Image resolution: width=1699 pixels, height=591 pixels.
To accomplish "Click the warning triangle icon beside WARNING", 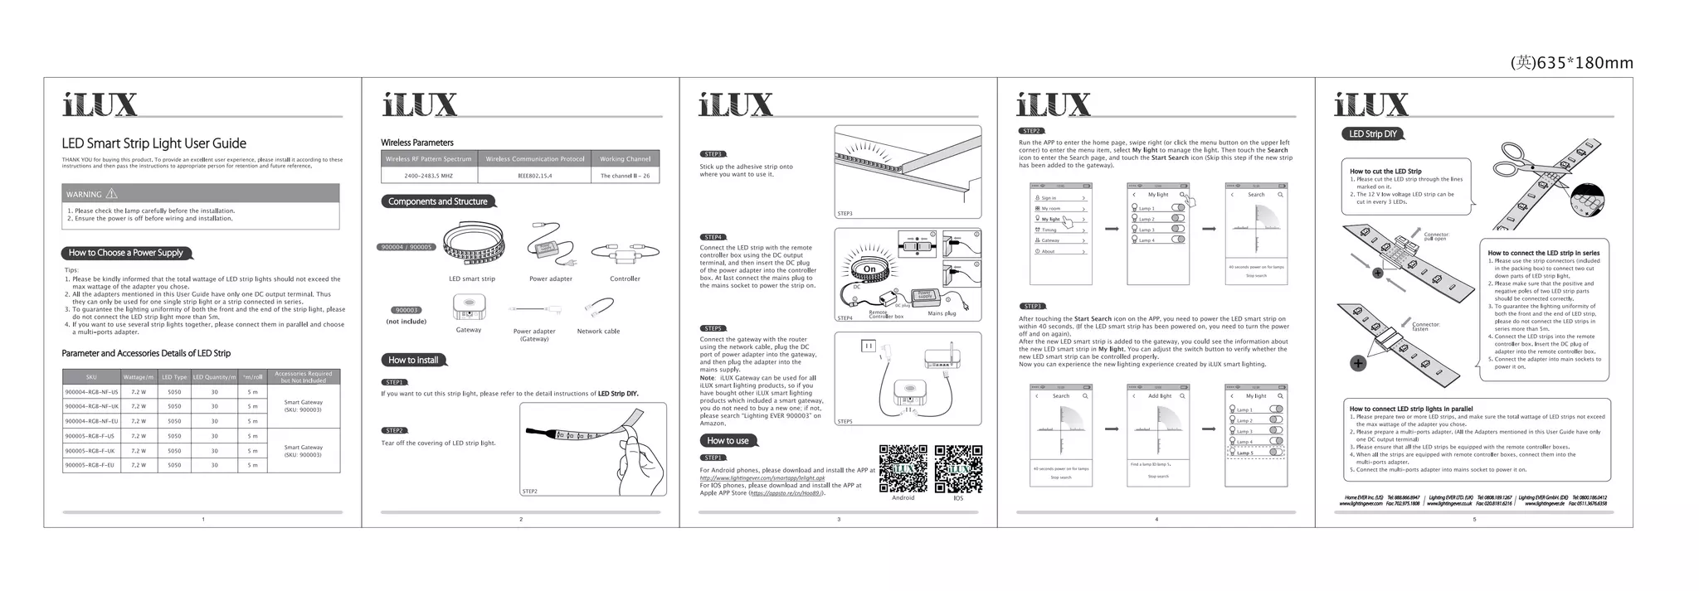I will (112, 194).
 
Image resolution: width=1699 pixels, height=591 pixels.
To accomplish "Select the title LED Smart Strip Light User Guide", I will (153, 143).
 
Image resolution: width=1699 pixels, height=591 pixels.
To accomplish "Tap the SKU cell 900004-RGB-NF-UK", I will (91, 406).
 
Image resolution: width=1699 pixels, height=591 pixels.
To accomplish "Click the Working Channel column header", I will (625, 158).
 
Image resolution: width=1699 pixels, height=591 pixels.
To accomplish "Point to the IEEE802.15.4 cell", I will (534, 176).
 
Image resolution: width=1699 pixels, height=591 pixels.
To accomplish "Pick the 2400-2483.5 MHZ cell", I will (428, 176).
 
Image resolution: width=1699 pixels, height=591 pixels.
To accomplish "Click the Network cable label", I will (598, 332).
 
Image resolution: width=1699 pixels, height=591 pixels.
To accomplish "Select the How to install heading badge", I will (413, 360).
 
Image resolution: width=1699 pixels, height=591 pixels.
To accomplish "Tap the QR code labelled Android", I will (903, 468).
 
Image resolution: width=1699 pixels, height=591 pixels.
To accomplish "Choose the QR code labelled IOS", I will (958, 468).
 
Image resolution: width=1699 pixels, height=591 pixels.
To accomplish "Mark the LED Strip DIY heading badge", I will (1372, 134).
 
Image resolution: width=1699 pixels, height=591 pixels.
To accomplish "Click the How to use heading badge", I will (728, 440).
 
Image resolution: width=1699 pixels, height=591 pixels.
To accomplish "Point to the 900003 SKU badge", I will (406, 310).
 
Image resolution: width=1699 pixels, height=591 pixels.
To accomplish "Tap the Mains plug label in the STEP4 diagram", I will (942, 313).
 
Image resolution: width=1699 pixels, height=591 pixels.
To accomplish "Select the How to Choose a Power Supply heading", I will (126, 253).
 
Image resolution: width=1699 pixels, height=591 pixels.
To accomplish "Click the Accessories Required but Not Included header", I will (303, 376).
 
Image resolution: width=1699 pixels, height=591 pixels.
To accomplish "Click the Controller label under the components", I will (625, 279).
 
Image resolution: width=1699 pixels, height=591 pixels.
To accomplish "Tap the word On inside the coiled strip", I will (869, 269).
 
